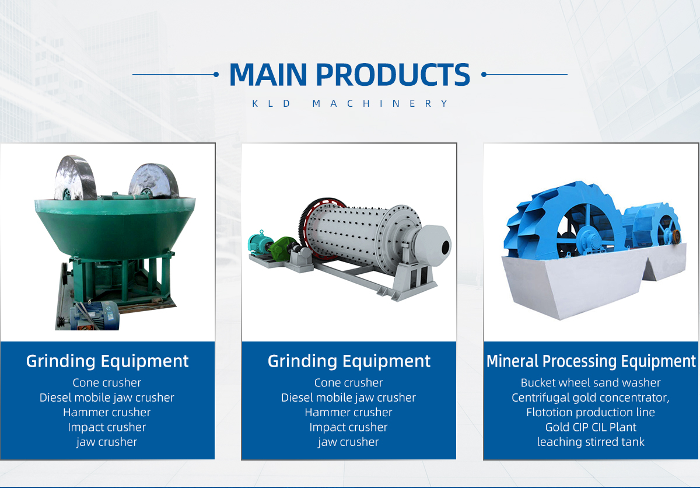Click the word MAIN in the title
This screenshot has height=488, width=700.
coord(268,74)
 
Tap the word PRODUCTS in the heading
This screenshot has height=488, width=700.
coord(393,74)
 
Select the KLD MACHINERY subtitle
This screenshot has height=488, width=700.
coord(350,103)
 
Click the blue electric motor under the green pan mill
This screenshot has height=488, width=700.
coord(95,315)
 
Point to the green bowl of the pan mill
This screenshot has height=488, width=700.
coord(115,225)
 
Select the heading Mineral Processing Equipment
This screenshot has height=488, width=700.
coord(591,361)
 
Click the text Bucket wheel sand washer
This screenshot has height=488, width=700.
coord(590,383)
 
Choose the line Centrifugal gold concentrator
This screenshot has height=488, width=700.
coord(590,398)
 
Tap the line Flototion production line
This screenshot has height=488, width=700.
coord(590,412)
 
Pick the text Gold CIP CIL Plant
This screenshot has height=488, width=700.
coord(590,427)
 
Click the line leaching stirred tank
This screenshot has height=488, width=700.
coord(590,442)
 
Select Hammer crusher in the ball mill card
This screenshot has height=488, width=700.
coord(348,412)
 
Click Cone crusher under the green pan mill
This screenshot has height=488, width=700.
coord(107,383)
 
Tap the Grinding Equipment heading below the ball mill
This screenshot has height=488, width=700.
coord(349,361)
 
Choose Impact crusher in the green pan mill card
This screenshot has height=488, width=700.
coord(107,427)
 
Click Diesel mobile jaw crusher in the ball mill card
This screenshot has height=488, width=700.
coord(348,398)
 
